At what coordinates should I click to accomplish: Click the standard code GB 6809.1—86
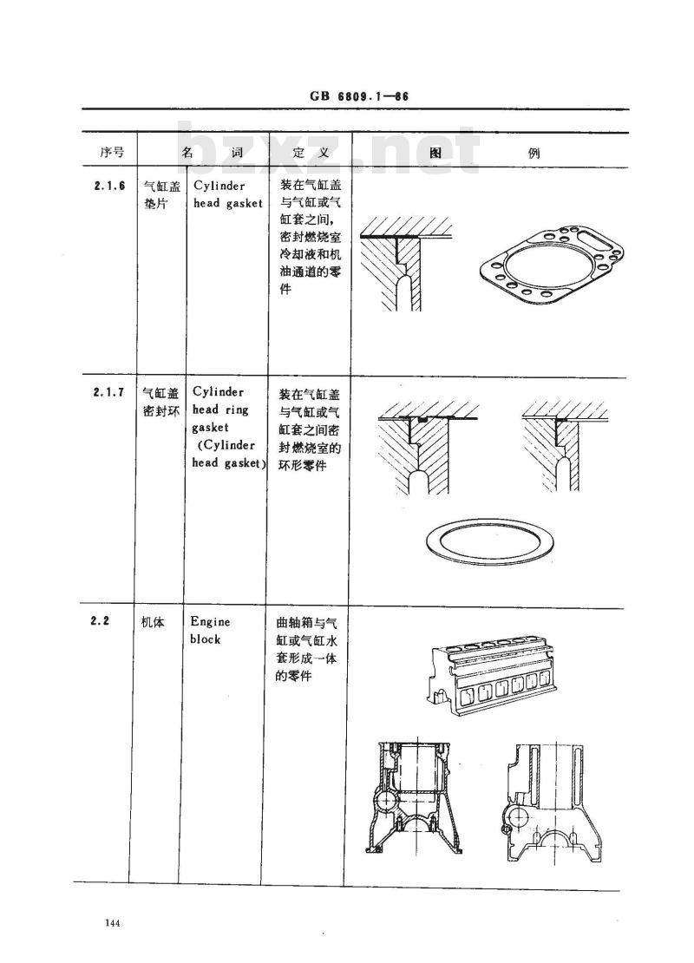(358, 97)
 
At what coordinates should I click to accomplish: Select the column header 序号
(112, 152)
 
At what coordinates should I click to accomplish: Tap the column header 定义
(310, 152)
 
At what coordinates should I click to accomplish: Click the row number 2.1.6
(109, 186)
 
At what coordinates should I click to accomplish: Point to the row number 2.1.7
(109, 392)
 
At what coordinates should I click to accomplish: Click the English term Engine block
(210, 631)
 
